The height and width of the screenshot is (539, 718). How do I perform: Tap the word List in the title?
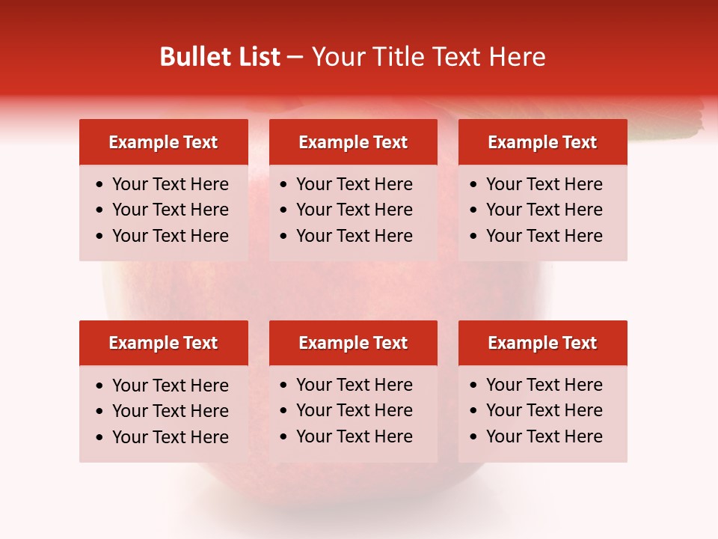click(x=259, y=57)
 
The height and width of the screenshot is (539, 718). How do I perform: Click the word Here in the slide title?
click(x=517, y=57)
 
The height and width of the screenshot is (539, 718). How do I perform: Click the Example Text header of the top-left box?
click(x=163, y=142)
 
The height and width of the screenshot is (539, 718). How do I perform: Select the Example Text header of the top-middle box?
click(x=353, y=142)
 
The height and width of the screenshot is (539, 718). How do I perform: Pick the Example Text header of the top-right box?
click(x=542, y=142)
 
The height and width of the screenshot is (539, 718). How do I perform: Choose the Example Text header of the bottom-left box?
click(x=163, y=343)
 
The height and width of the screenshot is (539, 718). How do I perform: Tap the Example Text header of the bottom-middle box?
click(x=353, y=343)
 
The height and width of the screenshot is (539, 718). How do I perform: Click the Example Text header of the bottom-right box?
click(x=542, y=343)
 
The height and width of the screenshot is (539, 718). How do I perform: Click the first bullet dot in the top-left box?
click(x=100, y=185)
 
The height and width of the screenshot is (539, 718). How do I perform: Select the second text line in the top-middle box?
click(x=354, y=210)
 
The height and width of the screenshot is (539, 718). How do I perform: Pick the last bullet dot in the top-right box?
click(x=474, y=237)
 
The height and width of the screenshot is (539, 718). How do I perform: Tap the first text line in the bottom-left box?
click(x=170, y=386)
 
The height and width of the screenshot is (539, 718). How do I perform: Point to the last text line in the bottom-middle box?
click(x=354, y=436)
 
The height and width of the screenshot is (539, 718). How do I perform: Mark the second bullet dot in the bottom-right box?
click(x=474, y=411)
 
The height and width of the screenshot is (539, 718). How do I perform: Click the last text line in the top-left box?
click(x=170, y=236)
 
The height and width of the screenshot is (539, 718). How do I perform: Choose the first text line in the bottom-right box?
click(x=544, y=385)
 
